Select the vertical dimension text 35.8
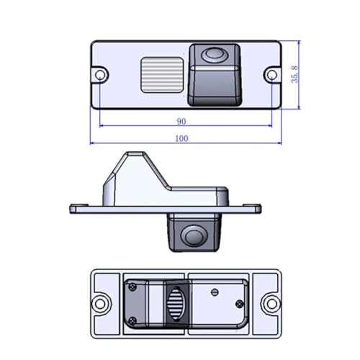[x=294, y=73]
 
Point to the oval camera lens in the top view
[x=214, y=54]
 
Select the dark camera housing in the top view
[x=212, y=74]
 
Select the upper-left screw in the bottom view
[x=134, y=287]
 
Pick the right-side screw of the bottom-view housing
[x=213, y=292]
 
